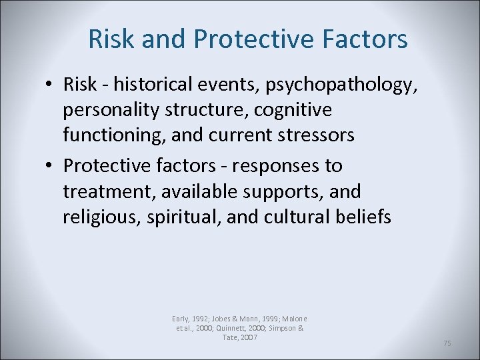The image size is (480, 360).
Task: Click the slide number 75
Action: click(447, 343)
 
